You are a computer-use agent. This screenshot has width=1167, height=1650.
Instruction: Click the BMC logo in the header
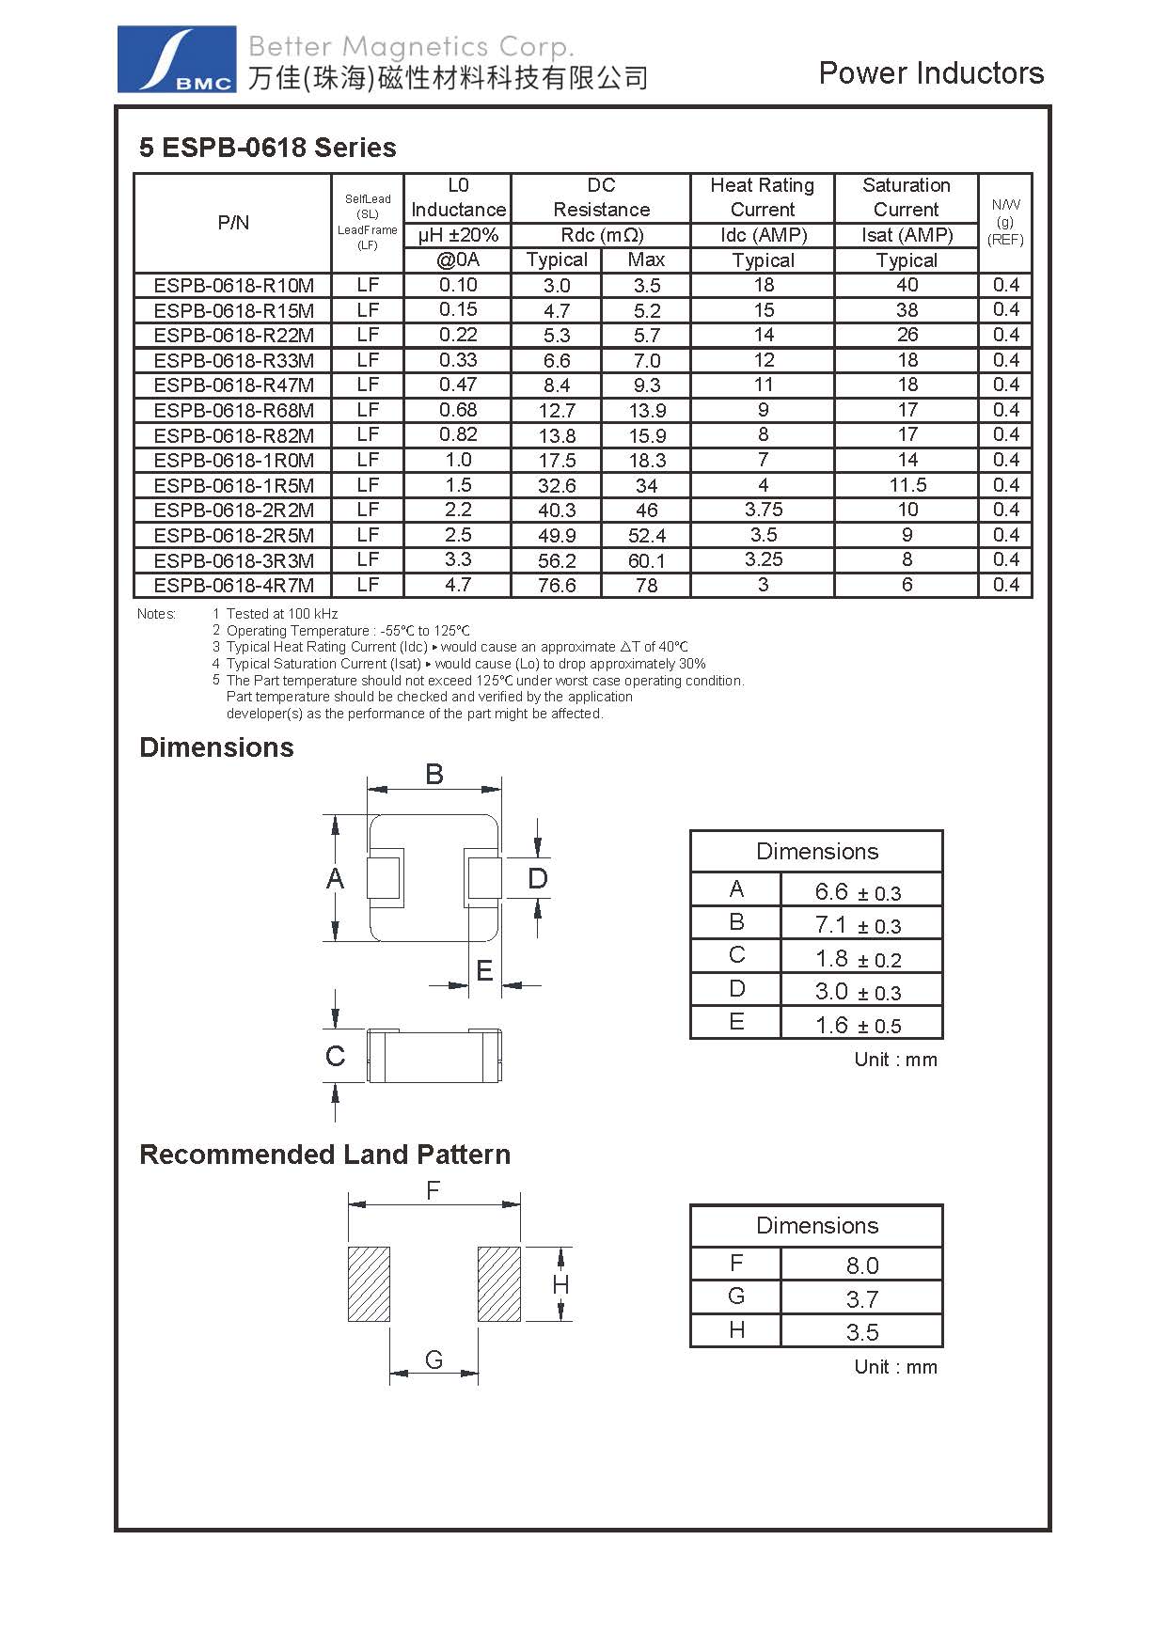[x=176, y=59]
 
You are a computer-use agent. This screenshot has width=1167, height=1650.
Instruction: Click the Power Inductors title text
[x=931, y=73]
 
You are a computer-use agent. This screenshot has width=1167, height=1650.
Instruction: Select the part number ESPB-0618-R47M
[x=234, y=385]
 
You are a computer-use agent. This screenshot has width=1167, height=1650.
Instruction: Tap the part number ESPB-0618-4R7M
[x=234, y=586]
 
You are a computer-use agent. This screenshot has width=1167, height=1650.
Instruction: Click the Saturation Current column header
[x=907, y=197]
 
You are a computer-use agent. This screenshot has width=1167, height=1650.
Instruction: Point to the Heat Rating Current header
[x=763, y=197]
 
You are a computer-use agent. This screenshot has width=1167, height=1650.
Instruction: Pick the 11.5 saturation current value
[x=907, y=485]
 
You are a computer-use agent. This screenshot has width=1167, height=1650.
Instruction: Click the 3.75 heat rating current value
[x=763, y=510]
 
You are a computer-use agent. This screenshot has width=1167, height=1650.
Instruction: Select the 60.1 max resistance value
[x=646, y=560]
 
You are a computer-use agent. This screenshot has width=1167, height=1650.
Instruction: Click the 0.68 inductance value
[x=458, y=410]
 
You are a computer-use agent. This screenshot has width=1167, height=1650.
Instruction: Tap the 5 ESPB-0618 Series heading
[x=268, y=148]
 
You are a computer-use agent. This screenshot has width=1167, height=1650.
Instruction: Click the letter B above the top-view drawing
[x=434, y=775]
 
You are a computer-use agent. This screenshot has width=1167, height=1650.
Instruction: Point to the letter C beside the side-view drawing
[x=335, y=1057]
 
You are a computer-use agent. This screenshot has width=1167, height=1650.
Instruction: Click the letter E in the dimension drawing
[x=484, y=970]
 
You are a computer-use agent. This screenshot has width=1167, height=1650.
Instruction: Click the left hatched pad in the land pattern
[x=369, y=1284]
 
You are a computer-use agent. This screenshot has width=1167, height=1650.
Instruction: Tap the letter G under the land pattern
[x=434, y=1359]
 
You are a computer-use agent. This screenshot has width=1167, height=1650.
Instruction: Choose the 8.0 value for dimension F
[x=861, y=1265]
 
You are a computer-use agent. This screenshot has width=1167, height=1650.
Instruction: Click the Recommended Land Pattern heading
[x=324, y=1155]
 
